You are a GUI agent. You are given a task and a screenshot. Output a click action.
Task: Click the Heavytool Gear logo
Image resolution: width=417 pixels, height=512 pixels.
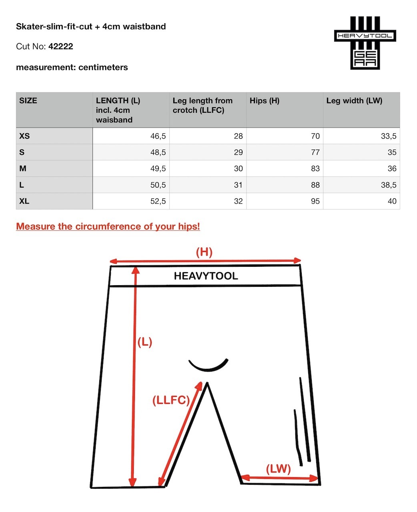pos(365,43)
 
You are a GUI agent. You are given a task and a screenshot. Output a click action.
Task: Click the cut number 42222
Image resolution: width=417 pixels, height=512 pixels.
pos(61,46)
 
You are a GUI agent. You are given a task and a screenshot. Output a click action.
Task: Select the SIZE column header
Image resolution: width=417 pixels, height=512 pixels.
pos(28,101)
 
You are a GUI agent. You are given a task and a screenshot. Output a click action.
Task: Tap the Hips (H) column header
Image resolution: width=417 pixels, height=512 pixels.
pos(264,101)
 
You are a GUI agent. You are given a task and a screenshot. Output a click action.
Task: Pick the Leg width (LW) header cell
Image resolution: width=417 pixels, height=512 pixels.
pos(354,101)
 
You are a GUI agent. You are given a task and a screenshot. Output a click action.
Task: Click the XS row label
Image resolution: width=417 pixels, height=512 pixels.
pos(24,136)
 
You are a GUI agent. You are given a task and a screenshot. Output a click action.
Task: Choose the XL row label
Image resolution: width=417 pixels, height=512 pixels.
pos(24,201)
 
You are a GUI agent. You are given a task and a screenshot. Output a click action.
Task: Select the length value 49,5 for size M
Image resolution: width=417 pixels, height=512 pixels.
pos(158,169)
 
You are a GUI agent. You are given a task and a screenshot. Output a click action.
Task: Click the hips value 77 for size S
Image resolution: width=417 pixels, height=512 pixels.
pos(315,152)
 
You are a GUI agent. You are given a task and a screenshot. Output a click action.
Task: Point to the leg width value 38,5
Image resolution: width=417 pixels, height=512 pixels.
pos(388,185)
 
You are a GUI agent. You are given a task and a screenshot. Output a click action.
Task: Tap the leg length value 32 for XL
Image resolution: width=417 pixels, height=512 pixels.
pos(238,201)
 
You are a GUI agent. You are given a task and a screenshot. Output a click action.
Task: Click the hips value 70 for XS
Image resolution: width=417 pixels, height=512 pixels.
pos(315,136)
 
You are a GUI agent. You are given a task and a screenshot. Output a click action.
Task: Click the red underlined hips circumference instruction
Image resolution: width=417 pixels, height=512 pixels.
pos(108,226)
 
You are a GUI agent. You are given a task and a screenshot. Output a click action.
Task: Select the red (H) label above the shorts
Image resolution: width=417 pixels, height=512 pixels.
pos(204,252)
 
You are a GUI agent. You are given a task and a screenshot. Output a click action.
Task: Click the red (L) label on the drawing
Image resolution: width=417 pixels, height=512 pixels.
pos(144,342)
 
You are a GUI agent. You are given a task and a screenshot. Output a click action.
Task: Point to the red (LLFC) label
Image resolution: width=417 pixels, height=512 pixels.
pos(171,400)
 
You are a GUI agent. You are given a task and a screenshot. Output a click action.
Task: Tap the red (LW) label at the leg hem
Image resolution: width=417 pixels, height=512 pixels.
pos(278,468)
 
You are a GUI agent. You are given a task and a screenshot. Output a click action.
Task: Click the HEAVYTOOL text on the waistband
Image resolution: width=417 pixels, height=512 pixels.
pos(206,276)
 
